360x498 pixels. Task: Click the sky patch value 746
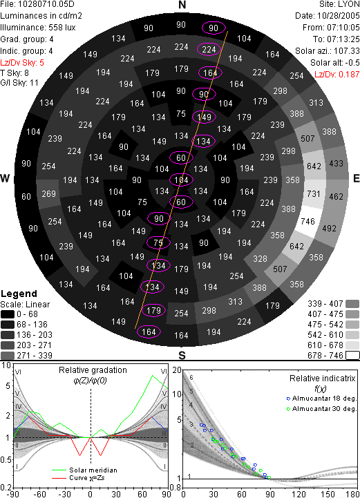tap(307, 221)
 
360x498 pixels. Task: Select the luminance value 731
tap(314, 193)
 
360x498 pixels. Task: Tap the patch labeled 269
tap(48, 193)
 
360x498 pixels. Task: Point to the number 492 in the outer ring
tap(329, 229)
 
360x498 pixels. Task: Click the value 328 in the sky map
tap(260, 259)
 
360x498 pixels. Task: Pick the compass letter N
tap(182, 5)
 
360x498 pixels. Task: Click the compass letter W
tap(5, 178)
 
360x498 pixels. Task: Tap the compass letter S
tap(182, 355)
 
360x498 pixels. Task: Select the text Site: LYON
tap(339, 4)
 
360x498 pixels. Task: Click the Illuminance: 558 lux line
tap(38, 28)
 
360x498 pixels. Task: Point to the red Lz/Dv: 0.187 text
tap(337, 75)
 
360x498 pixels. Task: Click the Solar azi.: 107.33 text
tap(328, 51)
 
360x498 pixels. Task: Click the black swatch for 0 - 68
tap(8, 314)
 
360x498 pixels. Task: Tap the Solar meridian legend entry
tap(84, 470)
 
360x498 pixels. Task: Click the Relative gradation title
tap(93, 370)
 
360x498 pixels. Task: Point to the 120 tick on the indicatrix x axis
tap(299, 494)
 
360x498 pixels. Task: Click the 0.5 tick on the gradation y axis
tap(6, 459)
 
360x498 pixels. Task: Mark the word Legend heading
tap(19, 294)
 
